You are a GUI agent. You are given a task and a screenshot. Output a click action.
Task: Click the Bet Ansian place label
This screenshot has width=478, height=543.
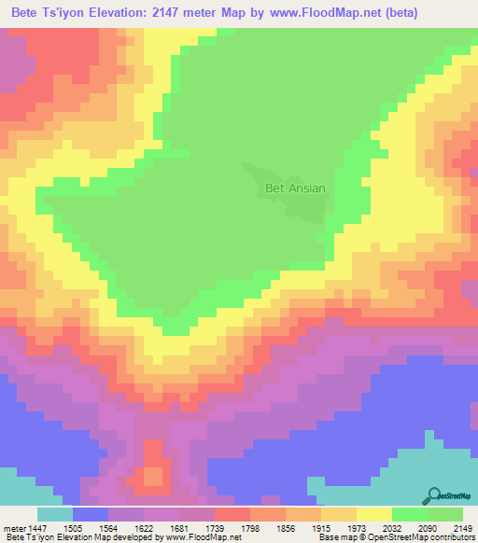(x=295, y=188)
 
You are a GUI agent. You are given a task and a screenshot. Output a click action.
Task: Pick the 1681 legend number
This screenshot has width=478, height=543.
(x=194, y=527)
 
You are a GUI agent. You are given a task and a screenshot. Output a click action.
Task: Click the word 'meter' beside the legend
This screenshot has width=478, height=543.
(x=14, y=527)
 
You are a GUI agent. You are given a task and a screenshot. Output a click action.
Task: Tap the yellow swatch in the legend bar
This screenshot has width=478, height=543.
(x=374, y=514)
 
